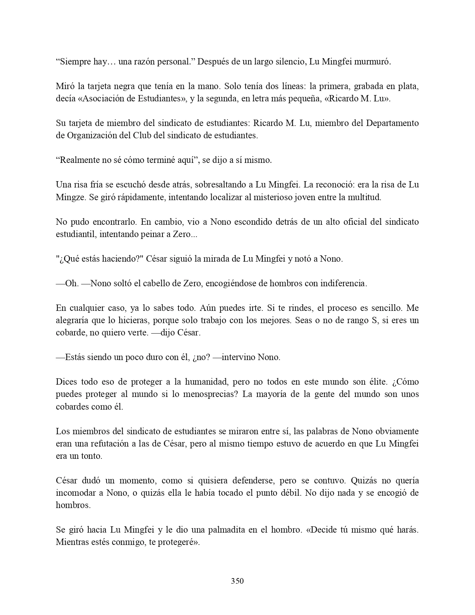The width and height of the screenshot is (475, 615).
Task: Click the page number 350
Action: pyautogui.click(x=237, y=581)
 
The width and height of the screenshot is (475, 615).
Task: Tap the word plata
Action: pyautogui.click(x=409, y=86)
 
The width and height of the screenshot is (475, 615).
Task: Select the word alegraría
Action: pyautogui.click(x=73, y=320)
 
